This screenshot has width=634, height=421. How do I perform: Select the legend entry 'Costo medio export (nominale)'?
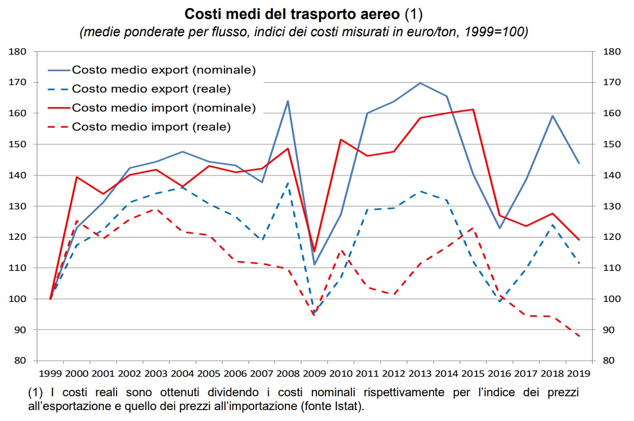click(x=164, y=70)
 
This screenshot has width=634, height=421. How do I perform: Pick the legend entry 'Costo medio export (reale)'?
click(x=151, y=89)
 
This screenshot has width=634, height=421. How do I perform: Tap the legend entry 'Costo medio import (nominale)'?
click(x=164, y=108)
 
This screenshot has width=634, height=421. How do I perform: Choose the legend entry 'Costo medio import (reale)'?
click(x=151, y=127)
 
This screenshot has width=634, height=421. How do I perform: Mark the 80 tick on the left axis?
click(x=21, y=361)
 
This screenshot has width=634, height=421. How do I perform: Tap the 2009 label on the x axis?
click(x=314, y=372)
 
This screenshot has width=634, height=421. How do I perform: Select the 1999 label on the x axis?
click(x=51, y=372)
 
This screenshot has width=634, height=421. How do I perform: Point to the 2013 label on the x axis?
click(x=420, y=372)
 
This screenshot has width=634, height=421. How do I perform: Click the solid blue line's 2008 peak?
click(x=288, y=101)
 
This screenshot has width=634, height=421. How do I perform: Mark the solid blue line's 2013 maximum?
click(x=420, y=83)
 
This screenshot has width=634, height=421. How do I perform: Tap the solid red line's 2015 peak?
click(x=473, y=109)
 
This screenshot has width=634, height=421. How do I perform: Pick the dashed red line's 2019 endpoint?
click(x=578, y=336)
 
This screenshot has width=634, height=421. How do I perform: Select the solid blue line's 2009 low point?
click(x=314, y=265)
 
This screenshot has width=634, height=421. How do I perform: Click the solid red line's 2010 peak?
click(x=341, y=139)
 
